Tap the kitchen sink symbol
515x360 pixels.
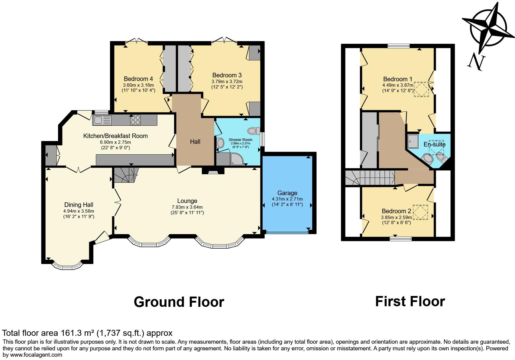pos(102,120)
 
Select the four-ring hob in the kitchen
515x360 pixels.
pos(135,120)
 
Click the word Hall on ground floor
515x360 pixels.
pos(195,142)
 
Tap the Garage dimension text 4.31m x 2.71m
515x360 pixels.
pos(287,199)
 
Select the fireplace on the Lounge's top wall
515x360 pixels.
pos(213,171)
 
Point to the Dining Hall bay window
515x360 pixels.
pos(67,266)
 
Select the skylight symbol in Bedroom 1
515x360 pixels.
pos(421,89)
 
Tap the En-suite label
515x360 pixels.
pos(434,144)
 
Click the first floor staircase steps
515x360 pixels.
pos(375,177)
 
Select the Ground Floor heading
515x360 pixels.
pos(179,302)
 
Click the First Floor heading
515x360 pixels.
pos(410,301)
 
